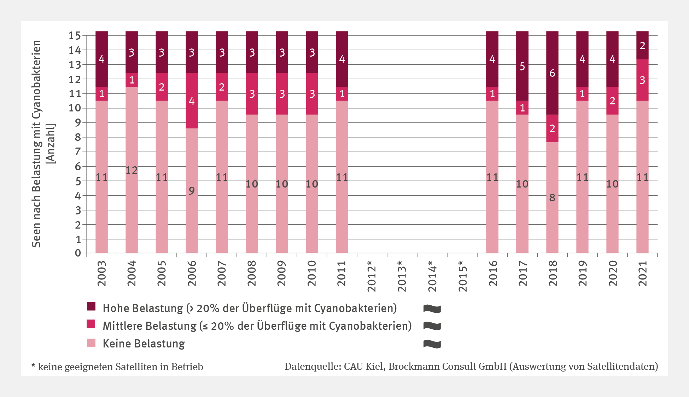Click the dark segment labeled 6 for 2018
[x=552, y=73]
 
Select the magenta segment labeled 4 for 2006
[x=192, y=100]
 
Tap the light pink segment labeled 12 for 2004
[x=132, y=170]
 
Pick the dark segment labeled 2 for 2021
[x=642, y=45]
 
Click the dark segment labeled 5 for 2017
[x=522, y=66]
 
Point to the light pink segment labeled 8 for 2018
[x=552, y=197]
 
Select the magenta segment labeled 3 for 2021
[x=642, y=80]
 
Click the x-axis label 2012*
[x=372, y=276]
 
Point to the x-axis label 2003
[x=102, y=273]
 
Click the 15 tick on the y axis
[x=75, y=35]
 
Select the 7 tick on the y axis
[x=78, y=152]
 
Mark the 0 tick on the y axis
[x=78, y=253]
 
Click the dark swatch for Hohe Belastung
[x=91, y=306]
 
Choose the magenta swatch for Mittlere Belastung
[x=91, y=324]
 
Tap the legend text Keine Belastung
[x=144, y=344]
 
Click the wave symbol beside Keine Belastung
[x=432, y=344]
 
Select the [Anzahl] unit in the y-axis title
[x=51, y=144]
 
